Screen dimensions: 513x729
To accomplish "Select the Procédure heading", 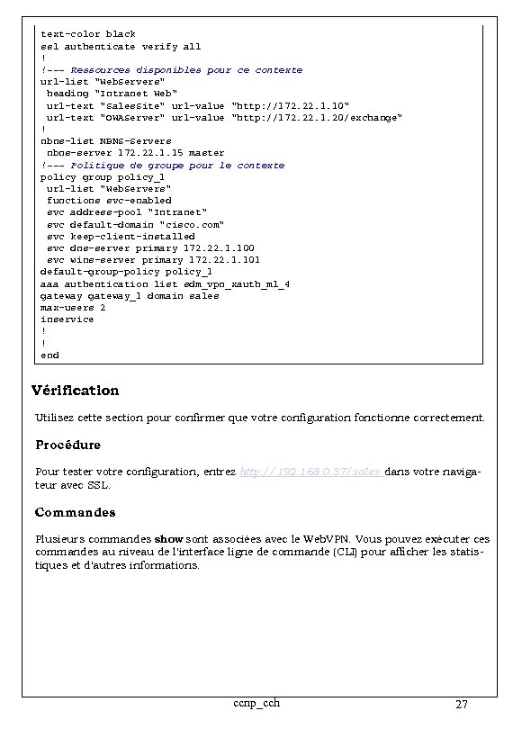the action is (68, 445).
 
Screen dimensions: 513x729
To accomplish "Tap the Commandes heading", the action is (76, 512).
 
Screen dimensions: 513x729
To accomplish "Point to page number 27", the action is (461, 704).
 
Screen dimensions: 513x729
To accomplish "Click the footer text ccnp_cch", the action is (256, 702).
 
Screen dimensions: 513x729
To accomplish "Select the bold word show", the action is (169, 538).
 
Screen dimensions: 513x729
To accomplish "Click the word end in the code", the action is (49, 355).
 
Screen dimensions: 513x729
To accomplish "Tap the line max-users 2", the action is (73, 308).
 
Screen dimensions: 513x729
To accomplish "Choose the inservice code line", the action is (67, 319).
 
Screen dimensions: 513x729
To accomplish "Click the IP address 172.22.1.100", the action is (219, 247).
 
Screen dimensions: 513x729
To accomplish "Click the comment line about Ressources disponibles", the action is (171, 70).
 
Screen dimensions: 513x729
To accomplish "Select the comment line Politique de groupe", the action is (162, 165).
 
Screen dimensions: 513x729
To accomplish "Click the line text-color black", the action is (88, 34).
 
